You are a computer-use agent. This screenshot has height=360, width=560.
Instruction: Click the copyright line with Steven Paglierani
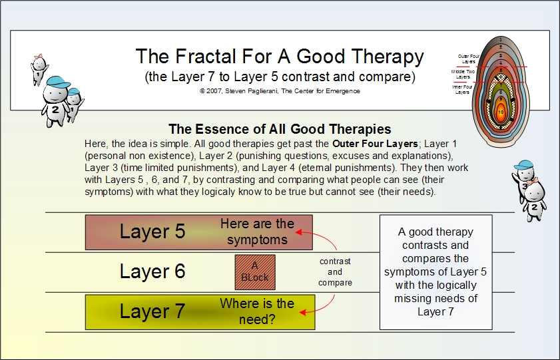click(x=280, y=90)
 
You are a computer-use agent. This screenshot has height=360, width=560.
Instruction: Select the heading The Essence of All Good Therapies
click(x=280, y=129)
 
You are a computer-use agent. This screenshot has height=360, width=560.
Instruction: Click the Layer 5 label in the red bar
click(x=152, y=232)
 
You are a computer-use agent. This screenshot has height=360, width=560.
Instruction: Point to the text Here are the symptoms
click(x=257, y=232)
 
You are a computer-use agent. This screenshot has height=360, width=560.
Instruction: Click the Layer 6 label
click(x=152, y=271)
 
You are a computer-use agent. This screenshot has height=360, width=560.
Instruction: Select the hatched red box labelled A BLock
click(x=255, y=271)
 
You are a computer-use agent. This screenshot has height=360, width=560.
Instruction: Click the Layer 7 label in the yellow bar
click(x=152, y=311)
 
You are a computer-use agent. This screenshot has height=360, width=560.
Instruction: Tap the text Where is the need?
click(x=257, y=311)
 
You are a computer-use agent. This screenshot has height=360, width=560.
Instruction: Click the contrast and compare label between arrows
click(x=335, y=272)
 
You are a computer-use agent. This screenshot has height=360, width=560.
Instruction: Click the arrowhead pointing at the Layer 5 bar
click(x=300, y=232)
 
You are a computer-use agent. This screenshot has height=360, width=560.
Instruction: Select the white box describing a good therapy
click(x=435, y=271)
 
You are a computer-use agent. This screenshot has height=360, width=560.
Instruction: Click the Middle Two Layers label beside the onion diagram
click(x=462, y=73)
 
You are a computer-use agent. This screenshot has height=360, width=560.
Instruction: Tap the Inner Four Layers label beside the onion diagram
click(x=462, y=89)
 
